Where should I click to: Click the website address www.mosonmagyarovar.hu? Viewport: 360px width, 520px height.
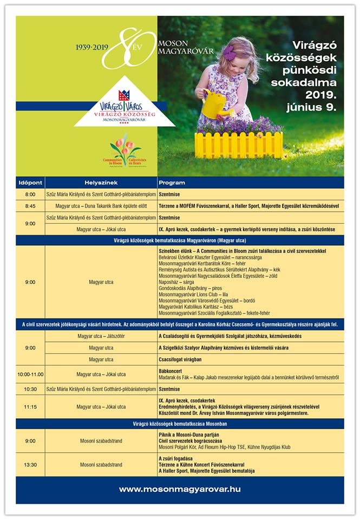pyautogui.click(x=180, y=489)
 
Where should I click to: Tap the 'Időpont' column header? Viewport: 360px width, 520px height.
pyautogui.click(x=30, y=183)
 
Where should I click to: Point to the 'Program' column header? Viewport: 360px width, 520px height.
pyautogui.click(x=172, y=183)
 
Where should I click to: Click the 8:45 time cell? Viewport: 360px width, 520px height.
pyautogui.click(x=30, y=206)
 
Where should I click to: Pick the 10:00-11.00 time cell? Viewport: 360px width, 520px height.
pyautogui.click(x=30, y=374)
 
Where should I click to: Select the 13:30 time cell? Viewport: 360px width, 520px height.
pyautogui.click(x=30, y=464)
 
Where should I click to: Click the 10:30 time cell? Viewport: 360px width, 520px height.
pyautogui.click(x=30, y=388)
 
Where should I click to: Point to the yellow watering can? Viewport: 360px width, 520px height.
pyautogui.click(x=213, y=102)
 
